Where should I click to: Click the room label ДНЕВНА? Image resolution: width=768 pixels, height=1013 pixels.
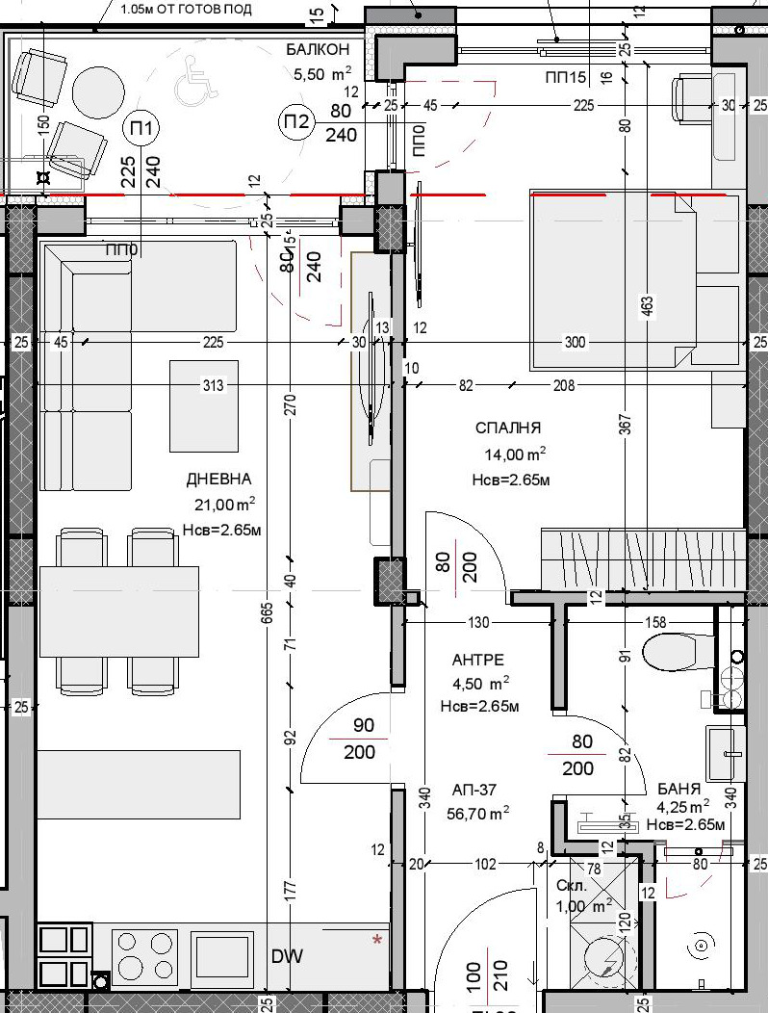(219, 480)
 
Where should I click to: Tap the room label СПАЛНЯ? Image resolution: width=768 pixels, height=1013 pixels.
(508, 429)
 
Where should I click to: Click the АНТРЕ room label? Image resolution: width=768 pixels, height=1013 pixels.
(478, 661)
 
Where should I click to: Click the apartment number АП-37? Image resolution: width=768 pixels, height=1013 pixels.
(474, 791)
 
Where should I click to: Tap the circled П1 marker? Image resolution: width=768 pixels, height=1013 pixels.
(142, 127)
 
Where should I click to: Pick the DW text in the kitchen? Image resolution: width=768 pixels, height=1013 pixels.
(287, 956)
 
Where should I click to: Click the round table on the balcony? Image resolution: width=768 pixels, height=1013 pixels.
(101, 91)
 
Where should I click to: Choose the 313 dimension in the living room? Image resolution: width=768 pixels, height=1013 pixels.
(213, 386)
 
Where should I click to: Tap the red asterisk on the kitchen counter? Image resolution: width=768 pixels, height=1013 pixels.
(377, 939)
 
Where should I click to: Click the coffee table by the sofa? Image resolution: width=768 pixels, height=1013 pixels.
(204, 405)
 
